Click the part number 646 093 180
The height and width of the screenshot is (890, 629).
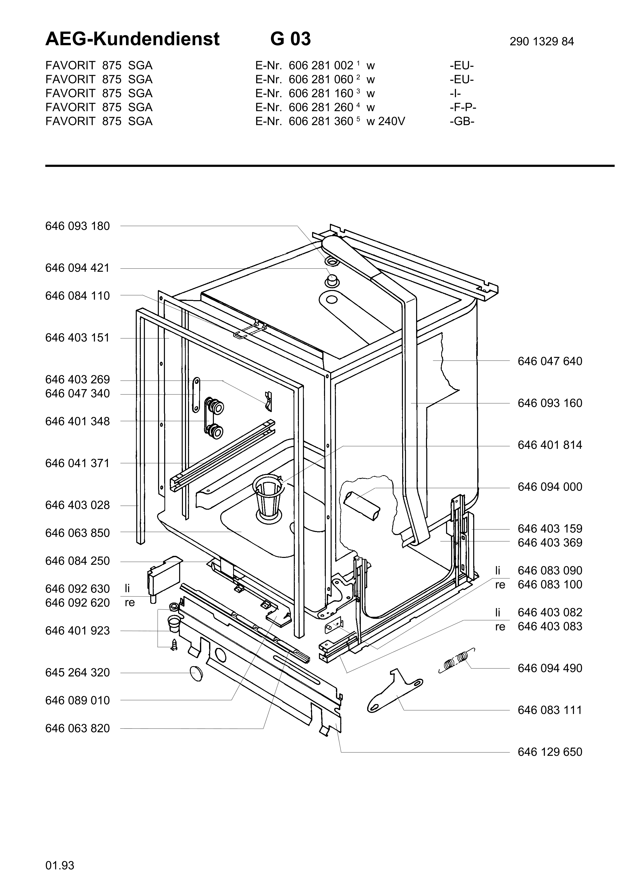coord(77,226)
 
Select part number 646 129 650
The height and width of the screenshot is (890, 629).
coord(550,752)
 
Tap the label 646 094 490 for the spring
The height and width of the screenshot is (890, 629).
coord(550,668)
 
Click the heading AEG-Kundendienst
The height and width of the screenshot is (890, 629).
coord(132,39)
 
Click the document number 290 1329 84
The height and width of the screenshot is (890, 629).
coord(541,41)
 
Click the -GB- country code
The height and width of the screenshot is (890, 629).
coord(462,121)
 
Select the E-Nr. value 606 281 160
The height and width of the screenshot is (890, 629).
coord(321,93)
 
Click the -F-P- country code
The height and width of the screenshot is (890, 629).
coord(463,107)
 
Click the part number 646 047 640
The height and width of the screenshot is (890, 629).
coord(550,361)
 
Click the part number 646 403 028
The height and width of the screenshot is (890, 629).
coord(77,505)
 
